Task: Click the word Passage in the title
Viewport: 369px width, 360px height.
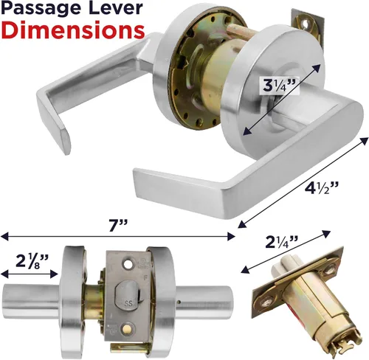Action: tap(41, 9)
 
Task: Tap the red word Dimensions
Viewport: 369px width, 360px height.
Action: tap(73, 30)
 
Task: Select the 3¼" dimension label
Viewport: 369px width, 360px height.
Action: tap(279, 86)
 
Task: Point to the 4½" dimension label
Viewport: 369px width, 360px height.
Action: tap(320, 188)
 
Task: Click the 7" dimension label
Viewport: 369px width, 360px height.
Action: tap(118, 225)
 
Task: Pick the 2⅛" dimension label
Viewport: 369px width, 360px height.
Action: tap(32, 261)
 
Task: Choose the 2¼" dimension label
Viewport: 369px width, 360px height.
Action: tap(282, 242)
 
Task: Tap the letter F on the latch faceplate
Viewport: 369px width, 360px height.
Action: tap(145, 279)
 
